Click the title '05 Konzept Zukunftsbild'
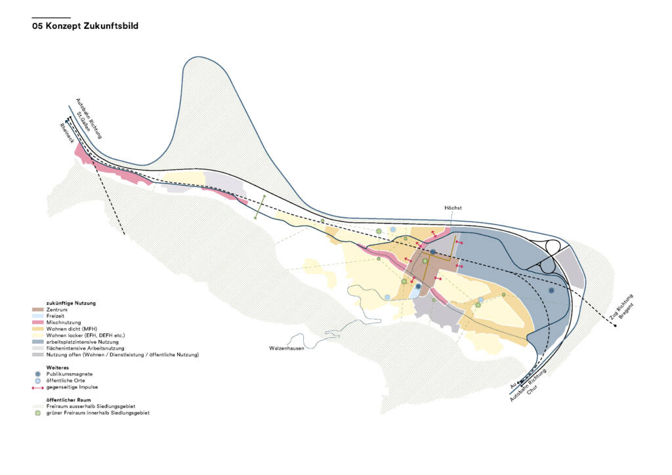tap(85, 26)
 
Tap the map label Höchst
tap(453, 208)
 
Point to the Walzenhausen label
tap(287, 348)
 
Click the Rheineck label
tap(67, 133)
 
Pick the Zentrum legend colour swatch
tap(37, 309)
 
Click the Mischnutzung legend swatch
tap(37, 322)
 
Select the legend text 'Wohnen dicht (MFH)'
tap(72, 329)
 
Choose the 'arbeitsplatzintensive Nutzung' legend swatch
tap(37, 342)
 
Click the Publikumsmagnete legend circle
tap(37, 374)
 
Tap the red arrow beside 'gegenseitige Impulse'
tap(37, 387)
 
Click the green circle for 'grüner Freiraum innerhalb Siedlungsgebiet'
tap(37, 413)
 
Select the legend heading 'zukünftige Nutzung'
tap(71, 303)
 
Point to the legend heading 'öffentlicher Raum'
tap(68, 400)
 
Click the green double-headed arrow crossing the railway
tap(260, 207)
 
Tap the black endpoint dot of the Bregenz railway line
tap(615, 326)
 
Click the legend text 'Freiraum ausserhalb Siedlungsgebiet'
tap(91, 407)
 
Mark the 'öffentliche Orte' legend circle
tap(37, 381)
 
